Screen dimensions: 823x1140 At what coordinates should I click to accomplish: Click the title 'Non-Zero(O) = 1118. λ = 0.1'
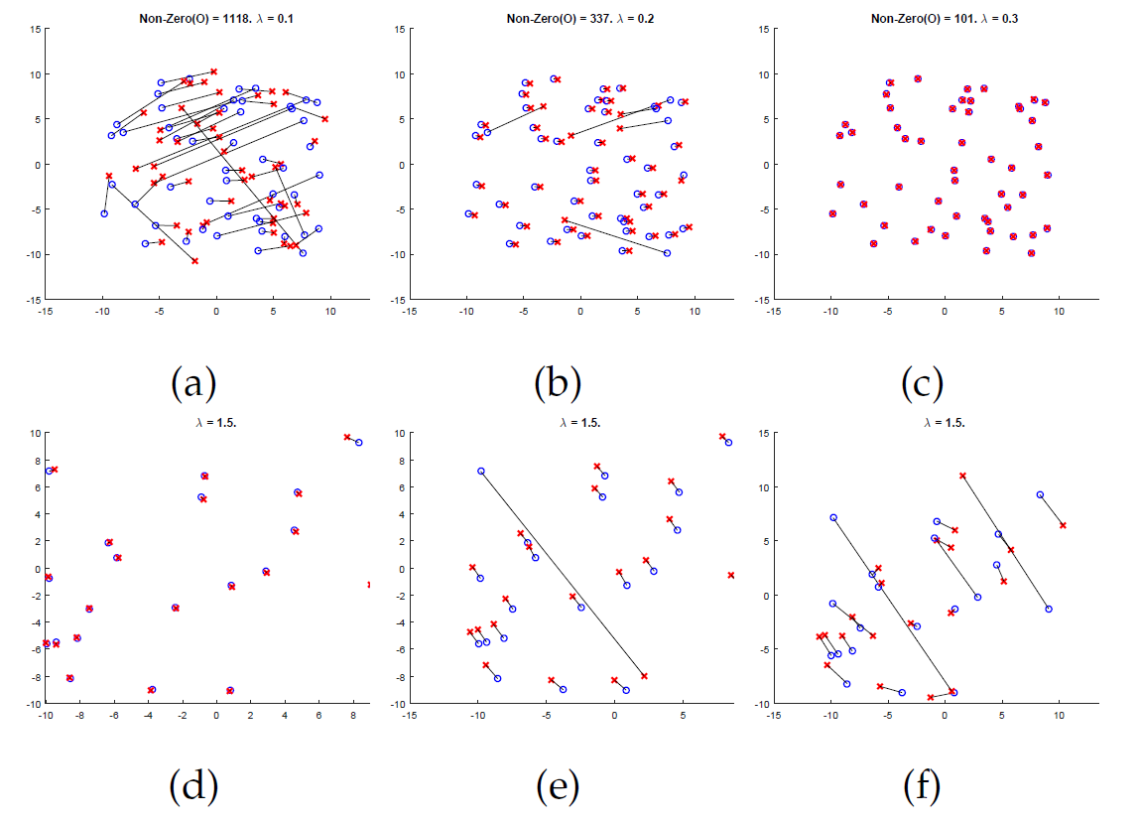click(x=215, y=18)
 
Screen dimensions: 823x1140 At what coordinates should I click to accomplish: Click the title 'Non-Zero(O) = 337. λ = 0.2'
click(x=580, y=18)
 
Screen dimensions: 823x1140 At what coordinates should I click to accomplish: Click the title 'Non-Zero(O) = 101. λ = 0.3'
click(x=945, y=18)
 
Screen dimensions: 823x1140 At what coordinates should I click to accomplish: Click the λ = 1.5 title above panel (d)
click(x=215, y=422)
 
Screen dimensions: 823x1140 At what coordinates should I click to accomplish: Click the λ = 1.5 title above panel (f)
click(x=945, y=422)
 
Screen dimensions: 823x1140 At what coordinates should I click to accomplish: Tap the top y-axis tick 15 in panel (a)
click(x=35, y=30)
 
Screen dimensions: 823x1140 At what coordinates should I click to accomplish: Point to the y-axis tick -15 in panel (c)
click(x=764, y=300)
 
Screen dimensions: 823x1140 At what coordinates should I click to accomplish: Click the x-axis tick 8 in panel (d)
click(x=354, y=715)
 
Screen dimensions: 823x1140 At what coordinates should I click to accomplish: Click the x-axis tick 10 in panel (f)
click(x=1059, y=715)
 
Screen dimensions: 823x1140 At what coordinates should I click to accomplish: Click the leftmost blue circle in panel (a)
click(x=103, y=213)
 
